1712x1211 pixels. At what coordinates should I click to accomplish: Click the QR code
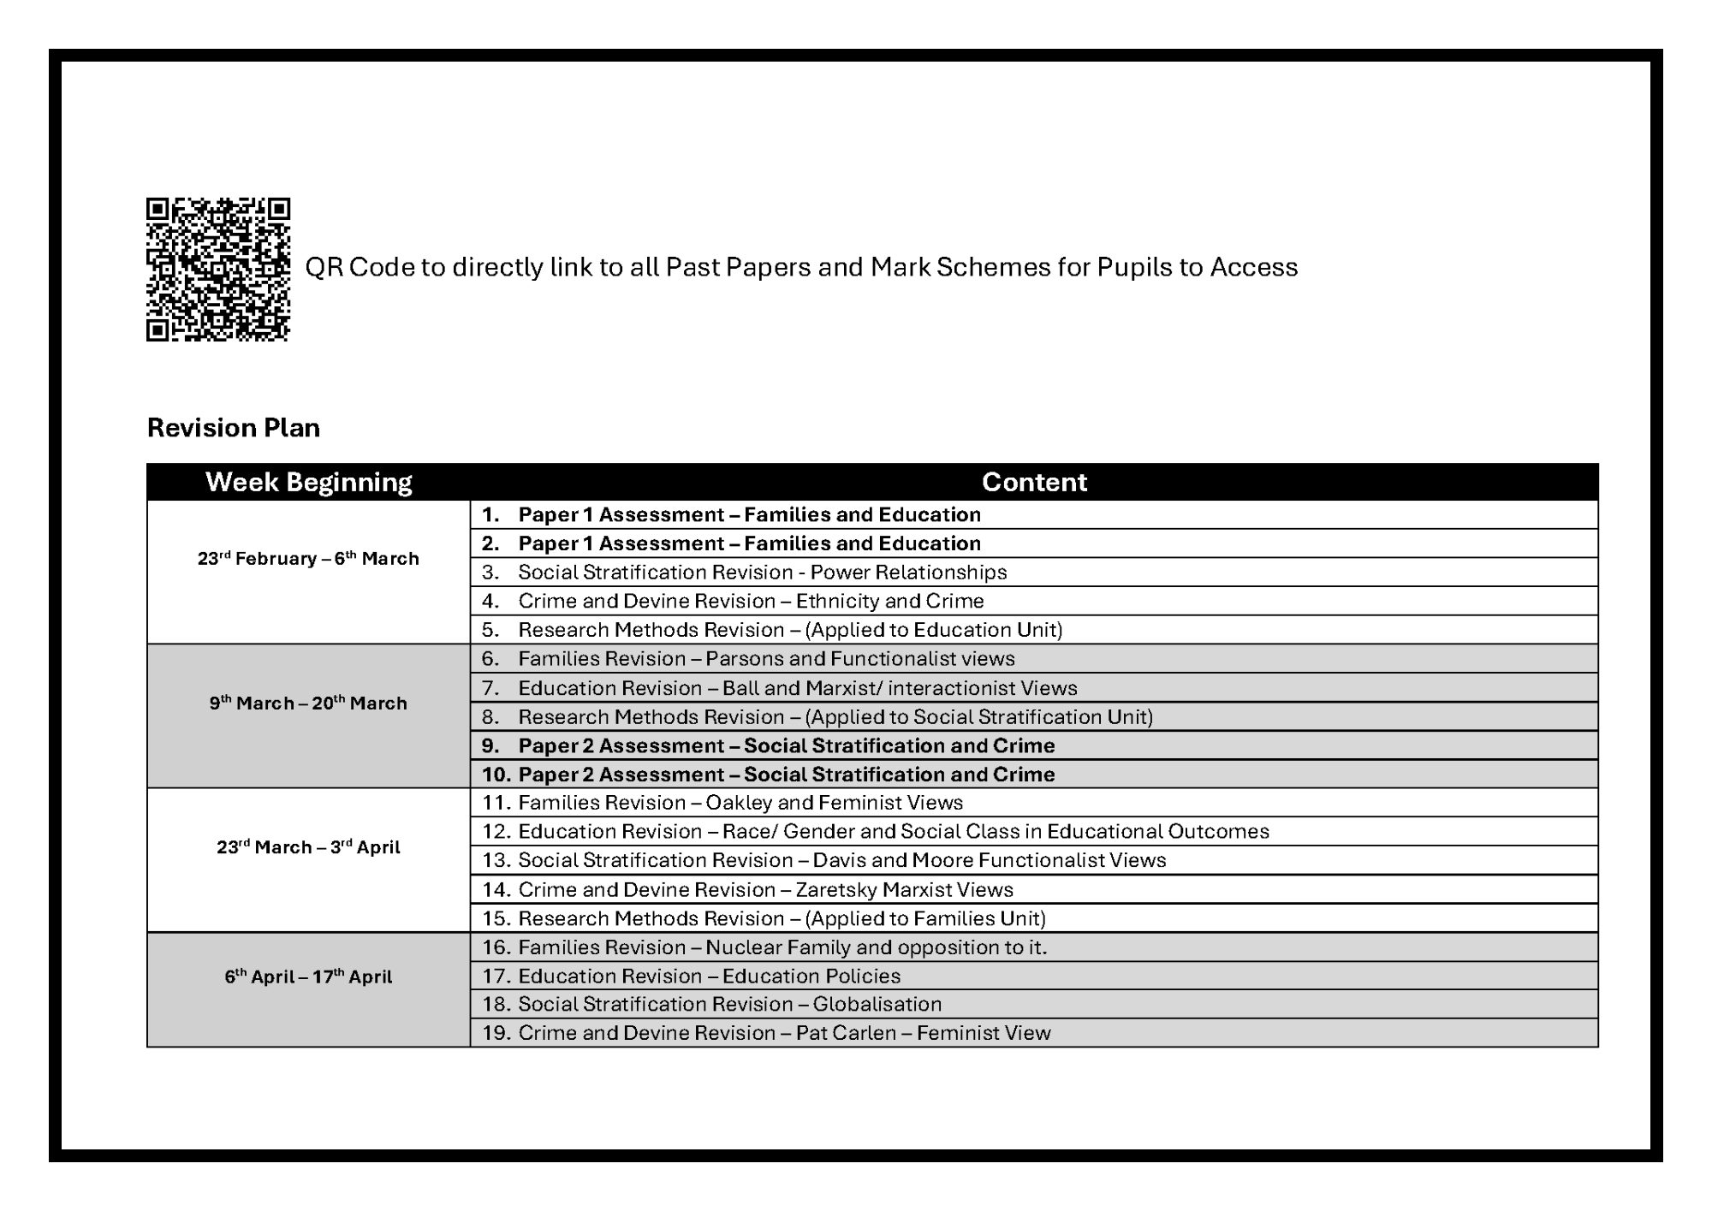pyautogui.click(x=218, y=270)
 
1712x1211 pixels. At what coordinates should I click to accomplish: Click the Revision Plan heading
pyautogui.click(x=234, y=428)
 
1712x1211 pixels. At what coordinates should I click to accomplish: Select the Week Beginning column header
pyautogui.click(x=308, y=482)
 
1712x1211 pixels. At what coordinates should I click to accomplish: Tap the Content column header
pyautogui.click(x=1034, y=482)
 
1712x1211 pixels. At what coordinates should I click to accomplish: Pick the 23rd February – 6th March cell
pyautogui.click(x=308, y=559)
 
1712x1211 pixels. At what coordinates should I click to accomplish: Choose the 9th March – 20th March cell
pyautogui.click(x=308, y=703)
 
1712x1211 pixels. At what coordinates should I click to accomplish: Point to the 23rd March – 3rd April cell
pyautogui.click(x=308, y=847)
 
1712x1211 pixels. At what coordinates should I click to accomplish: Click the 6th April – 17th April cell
pyautogui.click(x=308, y=977)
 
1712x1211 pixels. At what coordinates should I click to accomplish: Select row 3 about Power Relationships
pyautogui.click(x=762, y=573)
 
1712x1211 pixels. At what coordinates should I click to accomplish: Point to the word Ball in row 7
pyautogui.click(x=740, y=688)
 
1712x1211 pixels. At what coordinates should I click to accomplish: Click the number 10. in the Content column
pyautogui.click(x=496, y=775)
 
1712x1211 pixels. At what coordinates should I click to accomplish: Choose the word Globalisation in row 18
pyautogui.click(x=877, y=1005)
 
